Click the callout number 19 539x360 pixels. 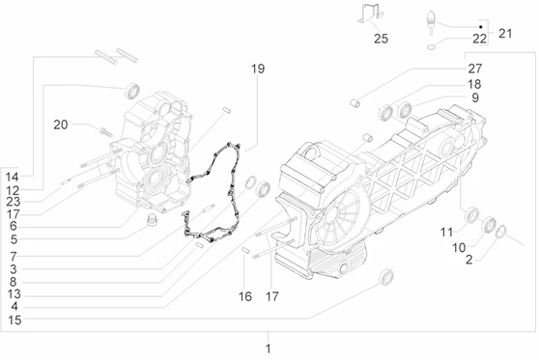point(258,69)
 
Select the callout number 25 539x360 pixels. point(381,39)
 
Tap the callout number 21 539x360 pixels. point(505,34)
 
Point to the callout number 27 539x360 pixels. point(474,69)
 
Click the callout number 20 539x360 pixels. point(61,125)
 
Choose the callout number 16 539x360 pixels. point(245,296)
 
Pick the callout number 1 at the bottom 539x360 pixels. point(269,348)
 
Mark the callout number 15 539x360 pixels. point(14,320)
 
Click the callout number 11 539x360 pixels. point(447,233)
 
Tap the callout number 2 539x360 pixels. point(468,260)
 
